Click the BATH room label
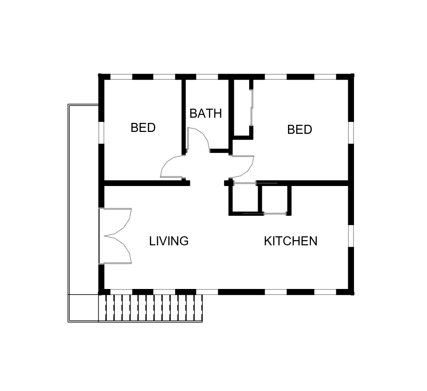pos(205,113)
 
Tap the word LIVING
pos(169,241)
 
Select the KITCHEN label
pos(290,241)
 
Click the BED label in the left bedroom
pos(143,128)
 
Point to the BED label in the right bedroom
pos(299,130)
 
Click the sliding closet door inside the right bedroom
pos(251,108)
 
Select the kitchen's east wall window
pos(351,236)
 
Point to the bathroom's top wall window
pos(207,77)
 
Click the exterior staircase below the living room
pos(150,308)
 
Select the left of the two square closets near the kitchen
pos(245,198)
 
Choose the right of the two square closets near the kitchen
pos(275,198)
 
